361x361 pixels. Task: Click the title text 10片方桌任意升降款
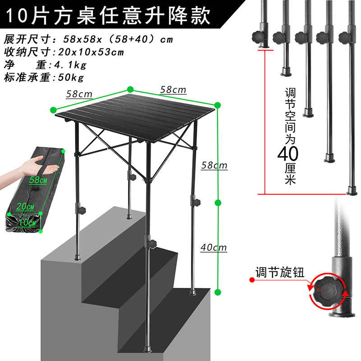click(108, 17)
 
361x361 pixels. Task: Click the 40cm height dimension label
click(213, 247)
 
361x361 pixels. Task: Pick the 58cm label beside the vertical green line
click(214, 166)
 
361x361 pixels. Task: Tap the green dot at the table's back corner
click(130, 89)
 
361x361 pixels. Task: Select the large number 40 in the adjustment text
click(287, 154)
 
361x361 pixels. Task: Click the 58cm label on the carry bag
click(38, 180)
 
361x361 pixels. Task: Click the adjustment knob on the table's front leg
click(153, 244)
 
